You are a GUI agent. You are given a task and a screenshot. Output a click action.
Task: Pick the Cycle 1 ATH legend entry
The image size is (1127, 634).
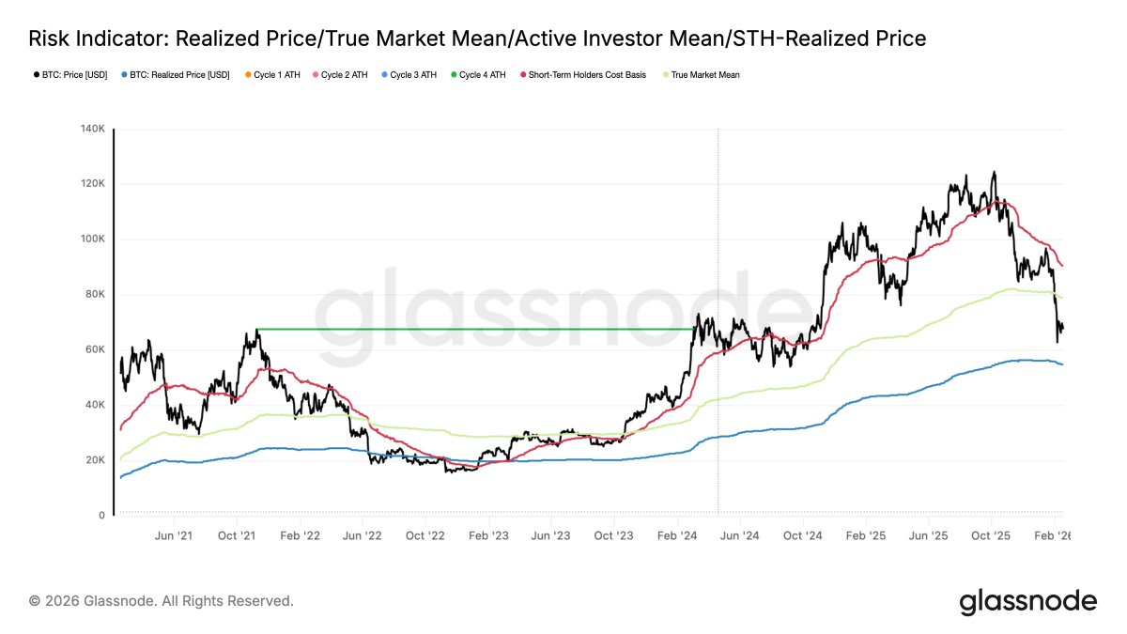(276, 74)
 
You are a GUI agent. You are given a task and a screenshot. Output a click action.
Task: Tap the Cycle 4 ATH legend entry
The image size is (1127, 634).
(482, 74)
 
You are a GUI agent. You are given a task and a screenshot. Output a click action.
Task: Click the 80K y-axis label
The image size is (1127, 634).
(94, 294)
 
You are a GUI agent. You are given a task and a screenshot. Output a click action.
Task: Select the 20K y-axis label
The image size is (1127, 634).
(94, 460)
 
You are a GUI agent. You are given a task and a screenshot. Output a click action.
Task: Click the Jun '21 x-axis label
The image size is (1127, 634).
(173, 535)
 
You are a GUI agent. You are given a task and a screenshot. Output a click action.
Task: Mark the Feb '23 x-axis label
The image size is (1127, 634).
(488, 535)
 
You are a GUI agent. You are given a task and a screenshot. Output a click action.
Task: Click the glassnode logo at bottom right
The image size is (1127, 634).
(1027, 601)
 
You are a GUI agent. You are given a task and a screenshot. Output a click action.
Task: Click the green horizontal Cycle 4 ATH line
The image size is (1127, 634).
(470, 329)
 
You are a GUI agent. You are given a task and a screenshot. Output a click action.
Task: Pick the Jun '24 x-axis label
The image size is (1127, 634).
(739, 535)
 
